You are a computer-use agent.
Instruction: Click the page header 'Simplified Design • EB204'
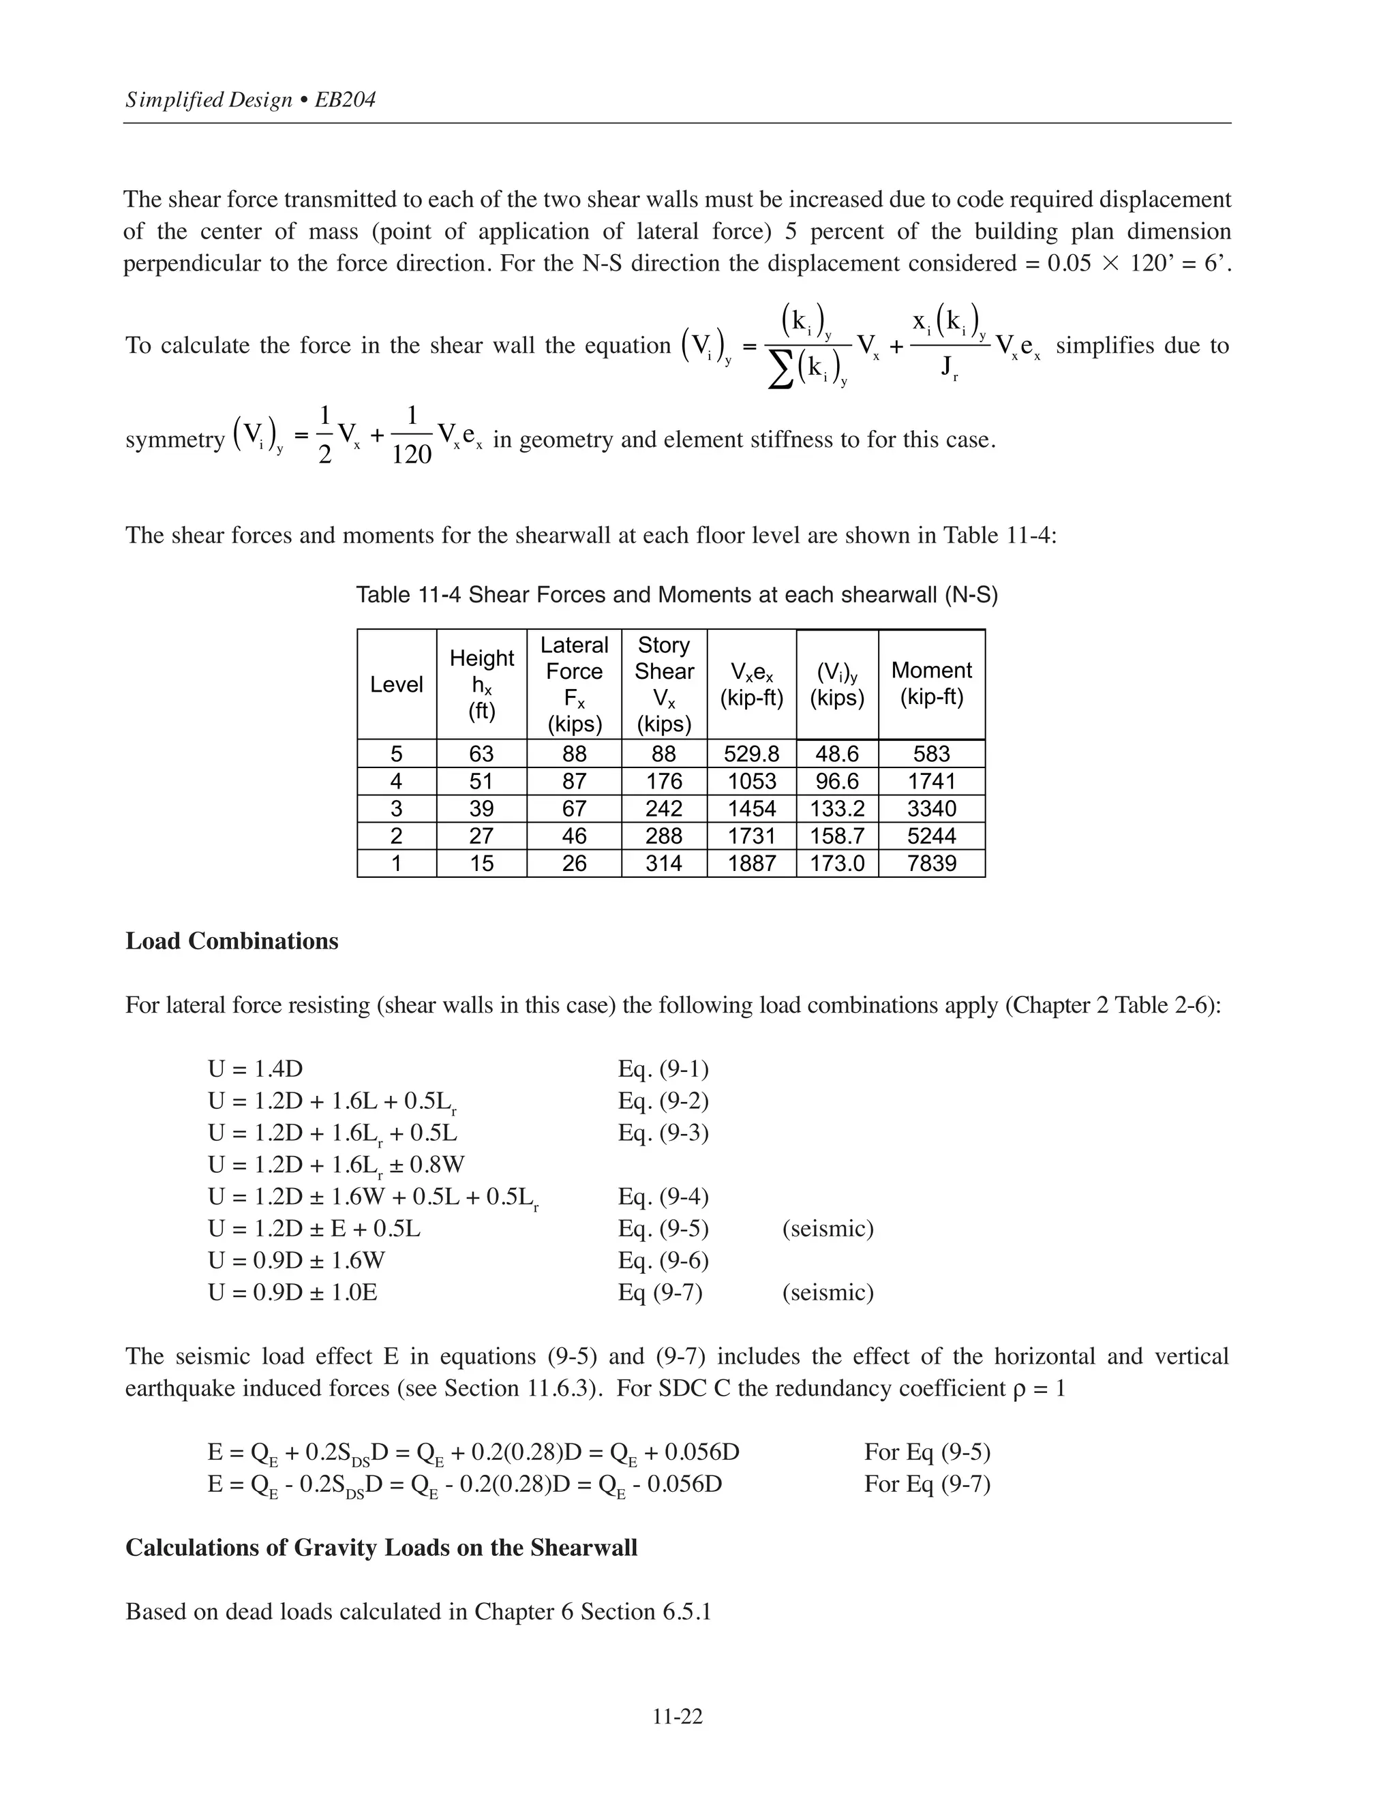pos(251,100)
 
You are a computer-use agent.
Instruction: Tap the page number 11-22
pos(678,1717)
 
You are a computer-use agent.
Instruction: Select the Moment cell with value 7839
pos(931,863)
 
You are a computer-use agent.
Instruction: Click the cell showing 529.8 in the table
pos(751,753)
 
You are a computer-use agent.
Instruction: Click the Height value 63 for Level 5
pos(481,753)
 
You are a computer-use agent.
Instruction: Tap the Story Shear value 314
pos(663,863)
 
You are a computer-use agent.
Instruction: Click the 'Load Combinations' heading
pos(232,941)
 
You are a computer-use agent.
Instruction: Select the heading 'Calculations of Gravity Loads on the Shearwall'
pos(381,1547)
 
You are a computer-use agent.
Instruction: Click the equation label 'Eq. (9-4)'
pos(663,1197)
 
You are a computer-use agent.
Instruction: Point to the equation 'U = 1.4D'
pos(255,1069)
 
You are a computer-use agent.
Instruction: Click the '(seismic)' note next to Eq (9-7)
pos(828,1291)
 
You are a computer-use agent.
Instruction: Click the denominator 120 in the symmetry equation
pos(411,454)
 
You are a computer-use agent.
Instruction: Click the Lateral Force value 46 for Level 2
pos(574,836)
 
